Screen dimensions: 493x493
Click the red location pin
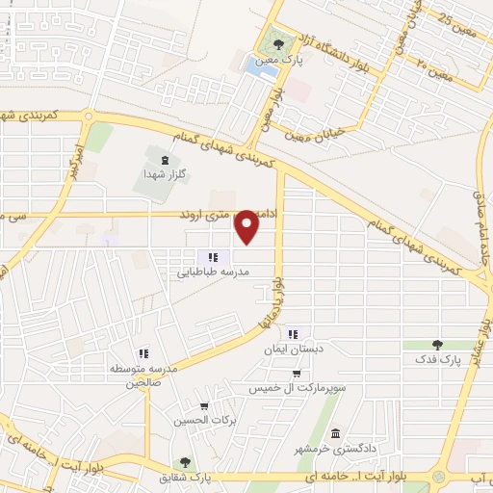click(247, 225)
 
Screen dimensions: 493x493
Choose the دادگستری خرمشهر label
click(329, 448)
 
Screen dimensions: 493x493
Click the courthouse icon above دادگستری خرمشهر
click(335, 432)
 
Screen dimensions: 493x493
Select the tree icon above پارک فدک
click(438, 344)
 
